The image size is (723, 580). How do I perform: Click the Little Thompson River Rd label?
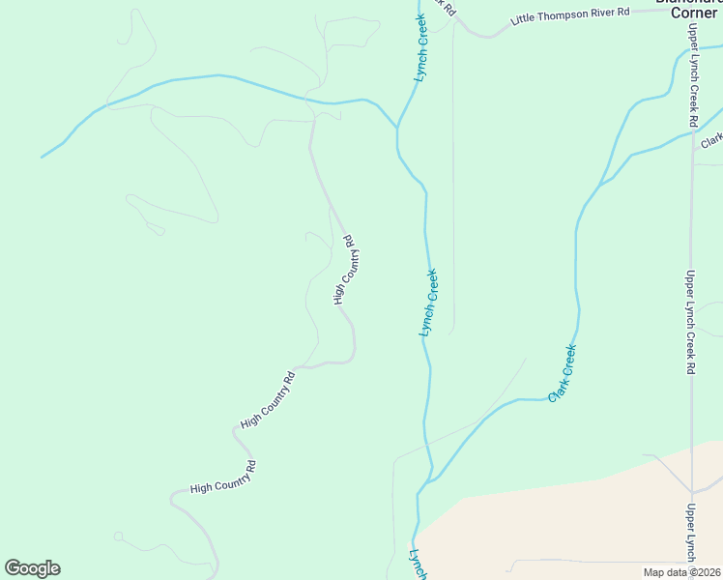point(570,14)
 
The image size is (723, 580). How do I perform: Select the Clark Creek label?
point(563,373)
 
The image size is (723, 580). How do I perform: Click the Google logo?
point(32,568)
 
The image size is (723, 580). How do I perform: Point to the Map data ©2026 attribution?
point(681,572)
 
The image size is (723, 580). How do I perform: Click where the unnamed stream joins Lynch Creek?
point(397,127)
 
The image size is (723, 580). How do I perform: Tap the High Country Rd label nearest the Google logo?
point(223,477)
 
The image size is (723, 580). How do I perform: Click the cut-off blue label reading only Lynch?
point(418,565)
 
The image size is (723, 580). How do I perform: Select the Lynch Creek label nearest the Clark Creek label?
point(430,303)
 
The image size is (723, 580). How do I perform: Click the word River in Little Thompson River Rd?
point(606,12)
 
